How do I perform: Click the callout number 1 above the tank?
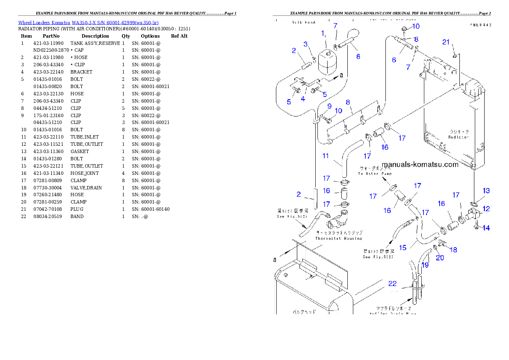(x=323, y=33)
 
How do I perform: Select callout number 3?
(x=305, y=44)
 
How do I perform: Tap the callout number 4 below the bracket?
(x=302, y=99)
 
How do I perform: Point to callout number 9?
(x=329, y=106)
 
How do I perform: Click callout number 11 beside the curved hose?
(x=326, y=156)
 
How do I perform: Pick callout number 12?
(x=486, y=209)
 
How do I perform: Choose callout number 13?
(x=486, y=191)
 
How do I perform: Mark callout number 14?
(x=486, y=228)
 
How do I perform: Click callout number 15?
(x=402, y=248)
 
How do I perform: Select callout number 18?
(x=453, y=250)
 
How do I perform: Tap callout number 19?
(x=425, y=265)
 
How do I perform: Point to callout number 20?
(x=440, y=257)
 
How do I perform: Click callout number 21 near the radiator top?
(x=446, y=42)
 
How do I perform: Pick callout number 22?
(x=392, y=283)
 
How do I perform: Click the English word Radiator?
(x=458, y=137)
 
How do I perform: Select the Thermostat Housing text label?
(x=339, y=238)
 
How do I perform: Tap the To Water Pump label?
(x=375, y=174)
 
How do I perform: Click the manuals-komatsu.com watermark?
(x=420, y=164)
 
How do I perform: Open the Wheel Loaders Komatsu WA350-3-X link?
(x=88, y=23)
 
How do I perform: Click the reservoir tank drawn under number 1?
(x=328, y=63)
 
